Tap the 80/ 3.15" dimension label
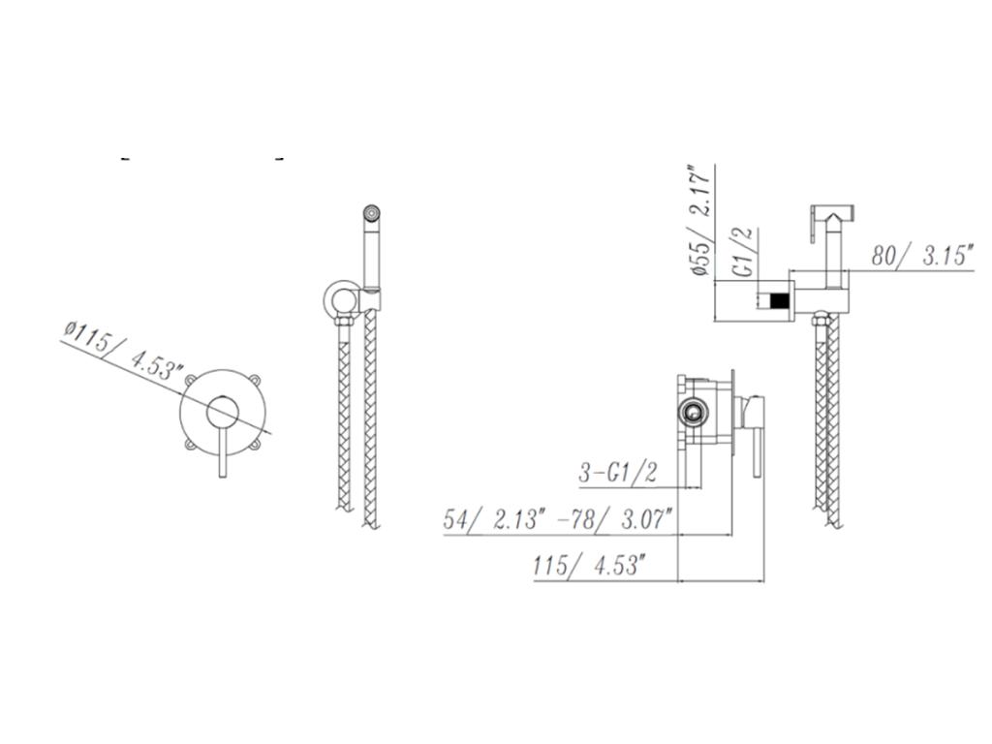pyautogui.click(x=920, y=256)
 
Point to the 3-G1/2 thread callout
pyautogui.click(x=617, y=472)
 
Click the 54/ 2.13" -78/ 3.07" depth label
pyautogui.click(x=557, y=520)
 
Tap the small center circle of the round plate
pyautogui.click(x=222, y=413)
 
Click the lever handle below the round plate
pyautogui.click(x=222, y=451)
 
